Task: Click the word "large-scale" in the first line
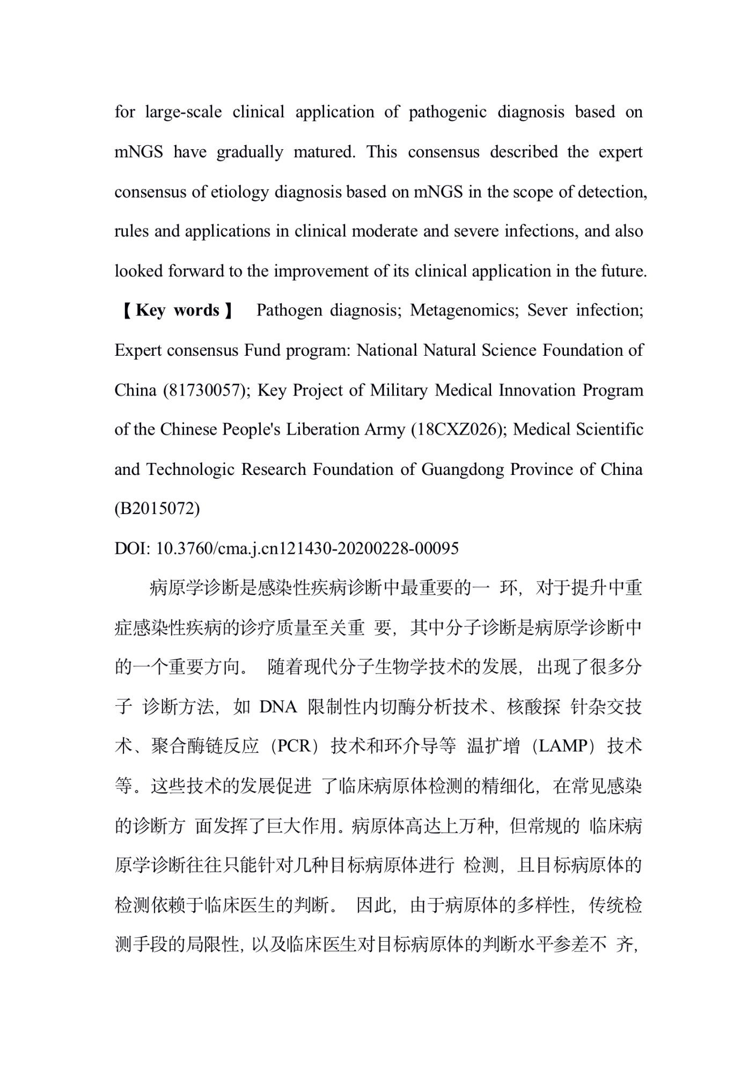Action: click(x=183, y=112)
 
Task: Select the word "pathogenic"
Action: click(x=447, y=112)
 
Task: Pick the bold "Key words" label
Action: click(x=178, y=310)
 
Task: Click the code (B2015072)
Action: click(x=157, y=509)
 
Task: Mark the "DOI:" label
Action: click(x=132, y=548)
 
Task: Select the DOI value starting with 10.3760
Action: click(x=307, y=548)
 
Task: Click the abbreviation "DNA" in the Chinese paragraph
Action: click(x=278, y=707)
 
